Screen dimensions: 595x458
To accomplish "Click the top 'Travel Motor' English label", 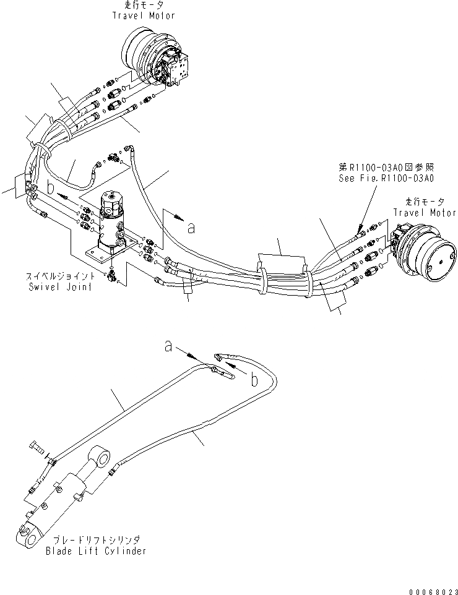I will click(x=143, y=15).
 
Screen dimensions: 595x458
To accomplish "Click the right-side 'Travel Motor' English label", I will click(x=425, y=212).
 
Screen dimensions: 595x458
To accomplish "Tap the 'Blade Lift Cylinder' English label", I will click(x=96, y=550).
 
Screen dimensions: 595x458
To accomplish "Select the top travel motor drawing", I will click(x=155, y=59).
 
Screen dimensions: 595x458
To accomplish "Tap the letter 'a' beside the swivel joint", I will click(x=191, y=228).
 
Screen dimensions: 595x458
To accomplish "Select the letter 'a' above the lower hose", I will click(x=168, y=348).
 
